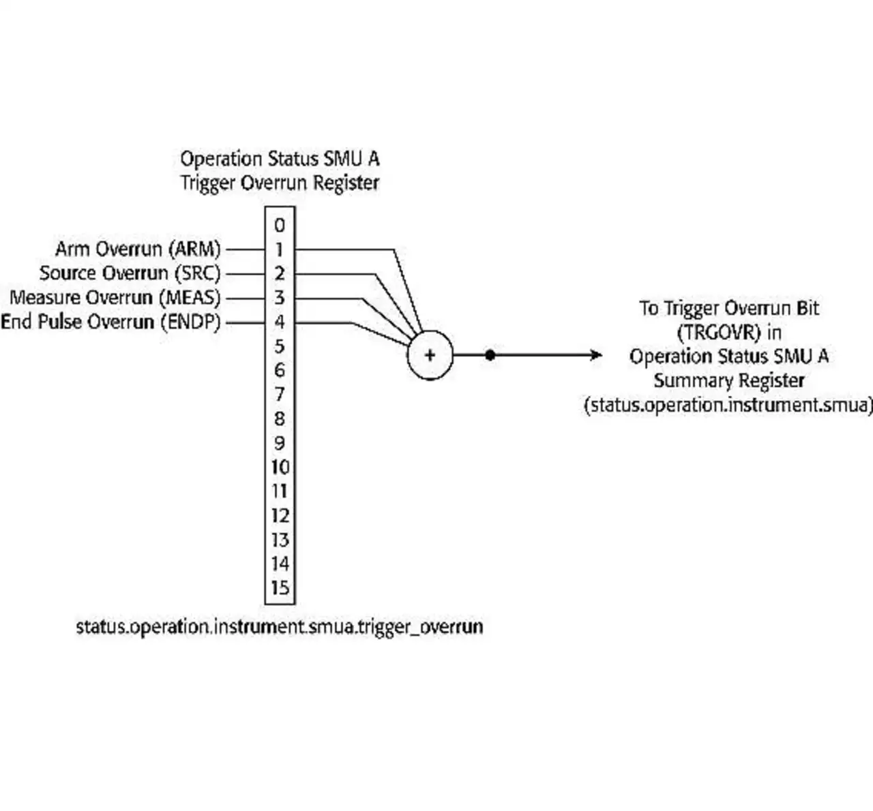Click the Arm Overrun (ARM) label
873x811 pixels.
coord(138,249)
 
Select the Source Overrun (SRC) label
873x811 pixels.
coord(130,274)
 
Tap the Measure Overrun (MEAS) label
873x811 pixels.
coord(115,298)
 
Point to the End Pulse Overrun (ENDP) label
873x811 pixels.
coord(110,322)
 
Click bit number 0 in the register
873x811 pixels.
coord(280,226)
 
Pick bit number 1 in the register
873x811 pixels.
coord(280,250)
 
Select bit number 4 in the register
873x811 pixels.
coord(280,322)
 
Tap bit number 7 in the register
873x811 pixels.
coord(280,395)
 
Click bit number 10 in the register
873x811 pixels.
coord(280,468)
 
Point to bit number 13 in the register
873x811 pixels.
coord(280,540)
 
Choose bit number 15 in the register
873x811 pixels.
coord(280,588)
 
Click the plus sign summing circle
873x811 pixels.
coord(430,355)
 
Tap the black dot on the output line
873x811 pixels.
coord(490,355)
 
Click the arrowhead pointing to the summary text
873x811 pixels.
coord(596,355)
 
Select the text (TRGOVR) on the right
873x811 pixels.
coord(719,333)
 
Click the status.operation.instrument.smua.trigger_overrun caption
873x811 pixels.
coord(280,627)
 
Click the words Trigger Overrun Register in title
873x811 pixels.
coord(280,183)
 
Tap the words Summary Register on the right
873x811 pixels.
coord(728,381)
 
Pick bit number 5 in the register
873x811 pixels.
coord(280,347)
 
